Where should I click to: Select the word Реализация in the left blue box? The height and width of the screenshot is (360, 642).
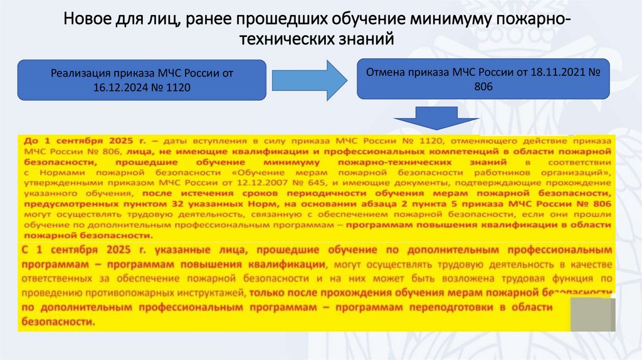pos(76,73)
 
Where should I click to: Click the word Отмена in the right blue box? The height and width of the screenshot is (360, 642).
pos(386,73)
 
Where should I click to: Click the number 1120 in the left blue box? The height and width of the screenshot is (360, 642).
pos(177,87)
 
